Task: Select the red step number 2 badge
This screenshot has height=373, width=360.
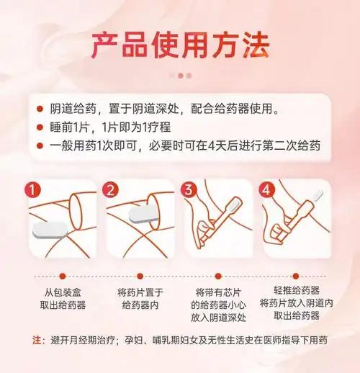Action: click(x=110, y=190)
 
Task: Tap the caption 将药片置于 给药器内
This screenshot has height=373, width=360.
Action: click(x=140, y=299)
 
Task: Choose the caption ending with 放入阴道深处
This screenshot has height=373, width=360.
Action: click(x=220, y=305)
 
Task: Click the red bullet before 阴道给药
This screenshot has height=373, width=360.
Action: click(x=40, y=109)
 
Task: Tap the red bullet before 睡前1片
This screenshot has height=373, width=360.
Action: click(x=40, y=127)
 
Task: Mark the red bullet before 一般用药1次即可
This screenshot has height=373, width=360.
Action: click(x=40, y=146)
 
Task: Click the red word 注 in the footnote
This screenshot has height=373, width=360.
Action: click(x=37, y=339)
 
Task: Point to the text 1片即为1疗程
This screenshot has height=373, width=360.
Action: click(x=135, y=127)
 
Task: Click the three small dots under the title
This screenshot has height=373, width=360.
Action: click(x=180, y=74)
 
